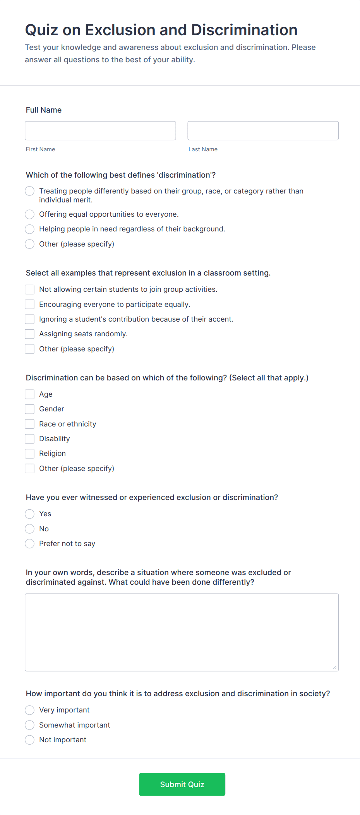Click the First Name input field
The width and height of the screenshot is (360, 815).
[x=100, y=131]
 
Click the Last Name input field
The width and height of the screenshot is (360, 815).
[x=263, y=131]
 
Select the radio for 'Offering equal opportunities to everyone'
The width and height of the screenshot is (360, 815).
[x=30, y=214]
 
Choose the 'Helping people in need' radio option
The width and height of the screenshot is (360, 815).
[x=30, y=229]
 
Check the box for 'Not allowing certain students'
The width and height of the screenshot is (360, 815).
[x=30, y=289]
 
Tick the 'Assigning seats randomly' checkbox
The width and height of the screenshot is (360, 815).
[x=30, y=334]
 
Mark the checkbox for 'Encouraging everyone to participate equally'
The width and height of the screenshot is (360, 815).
[x=30, y=305]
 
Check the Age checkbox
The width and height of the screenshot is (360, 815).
[x=30, y=394]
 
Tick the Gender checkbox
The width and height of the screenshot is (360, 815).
[x=30, y=409]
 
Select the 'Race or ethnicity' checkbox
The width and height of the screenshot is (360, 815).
[x=30, y=424]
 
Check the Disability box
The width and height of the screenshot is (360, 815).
[x=30, y=439]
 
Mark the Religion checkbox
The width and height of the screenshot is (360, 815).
[x=30, y=454]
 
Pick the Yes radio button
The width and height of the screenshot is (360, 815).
[x=30, y=514]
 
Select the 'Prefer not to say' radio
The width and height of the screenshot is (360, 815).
[x=30, y=544]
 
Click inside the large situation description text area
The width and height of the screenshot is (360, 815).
[x=182, y=632]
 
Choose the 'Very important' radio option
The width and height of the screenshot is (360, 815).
[x=30, y=710]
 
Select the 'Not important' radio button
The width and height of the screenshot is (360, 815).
[x=30, y=740]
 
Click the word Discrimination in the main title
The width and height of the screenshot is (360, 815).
[x=244, y=30]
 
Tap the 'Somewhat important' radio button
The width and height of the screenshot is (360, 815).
[x=30, y=725]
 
